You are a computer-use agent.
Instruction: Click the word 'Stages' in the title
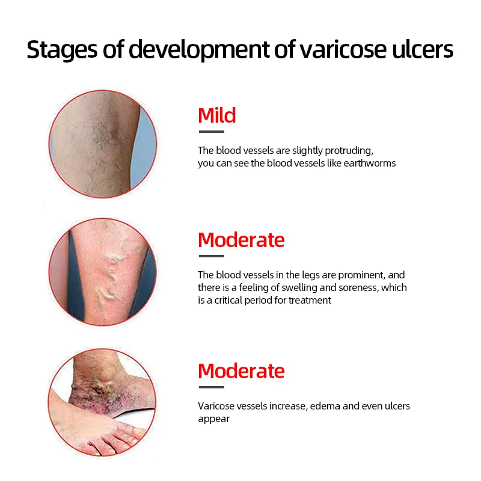pos(62,50)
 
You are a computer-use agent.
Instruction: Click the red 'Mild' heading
pos(217,115)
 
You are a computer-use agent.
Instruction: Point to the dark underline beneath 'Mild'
pos(212,132)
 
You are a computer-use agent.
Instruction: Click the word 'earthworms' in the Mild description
pos(370,163)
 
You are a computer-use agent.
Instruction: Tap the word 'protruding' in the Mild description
pos(349,151)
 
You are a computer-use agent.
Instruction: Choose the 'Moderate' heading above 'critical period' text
pos(241,240)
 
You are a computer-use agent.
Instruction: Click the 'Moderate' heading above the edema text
pos(241,371)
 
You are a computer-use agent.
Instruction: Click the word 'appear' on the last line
pos(214,419)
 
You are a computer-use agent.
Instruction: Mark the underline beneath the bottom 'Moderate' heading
pos(212,387)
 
